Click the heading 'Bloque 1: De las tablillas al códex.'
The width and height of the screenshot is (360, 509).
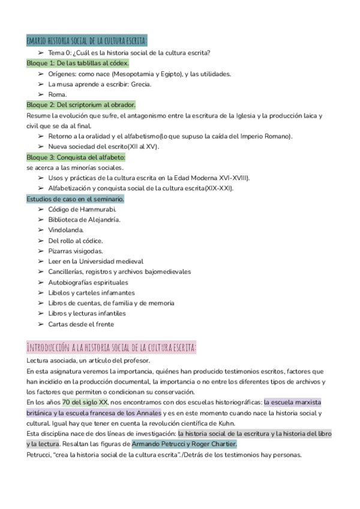(78, 63)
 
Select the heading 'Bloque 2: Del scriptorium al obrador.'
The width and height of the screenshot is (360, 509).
(81, 104)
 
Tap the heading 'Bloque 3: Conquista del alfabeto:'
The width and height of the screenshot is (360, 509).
(76, 157)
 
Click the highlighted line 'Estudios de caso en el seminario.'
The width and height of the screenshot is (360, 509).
(76, 199)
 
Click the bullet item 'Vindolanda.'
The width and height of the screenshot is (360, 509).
(66, 230)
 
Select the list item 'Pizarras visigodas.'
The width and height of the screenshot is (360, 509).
(76, 251)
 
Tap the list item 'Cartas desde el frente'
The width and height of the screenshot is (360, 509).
(81, 324)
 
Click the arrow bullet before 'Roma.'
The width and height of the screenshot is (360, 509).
(40, 94)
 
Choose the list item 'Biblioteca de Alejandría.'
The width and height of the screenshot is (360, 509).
(85, 220)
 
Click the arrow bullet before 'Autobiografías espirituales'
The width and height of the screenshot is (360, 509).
(40, 283)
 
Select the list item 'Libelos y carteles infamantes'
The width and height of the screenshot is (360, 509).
(91, 293)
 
